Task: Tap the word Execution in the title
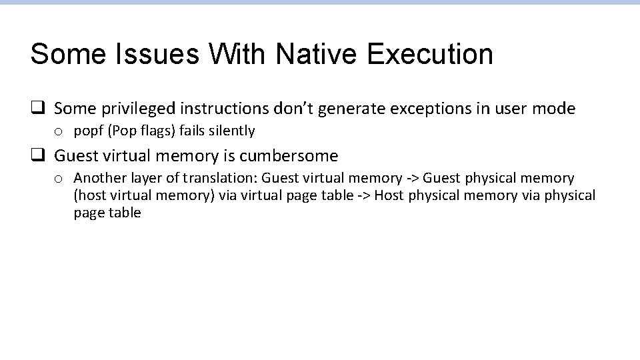click(x=430, y=54)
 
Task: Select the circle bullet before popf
click(x=59, y=131)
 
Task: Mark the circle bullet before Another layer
click(x=59, y=179)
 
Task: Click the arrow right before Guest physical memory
click(x=413, y=178)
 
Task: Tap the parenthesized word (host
click(x=91, y=195)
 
